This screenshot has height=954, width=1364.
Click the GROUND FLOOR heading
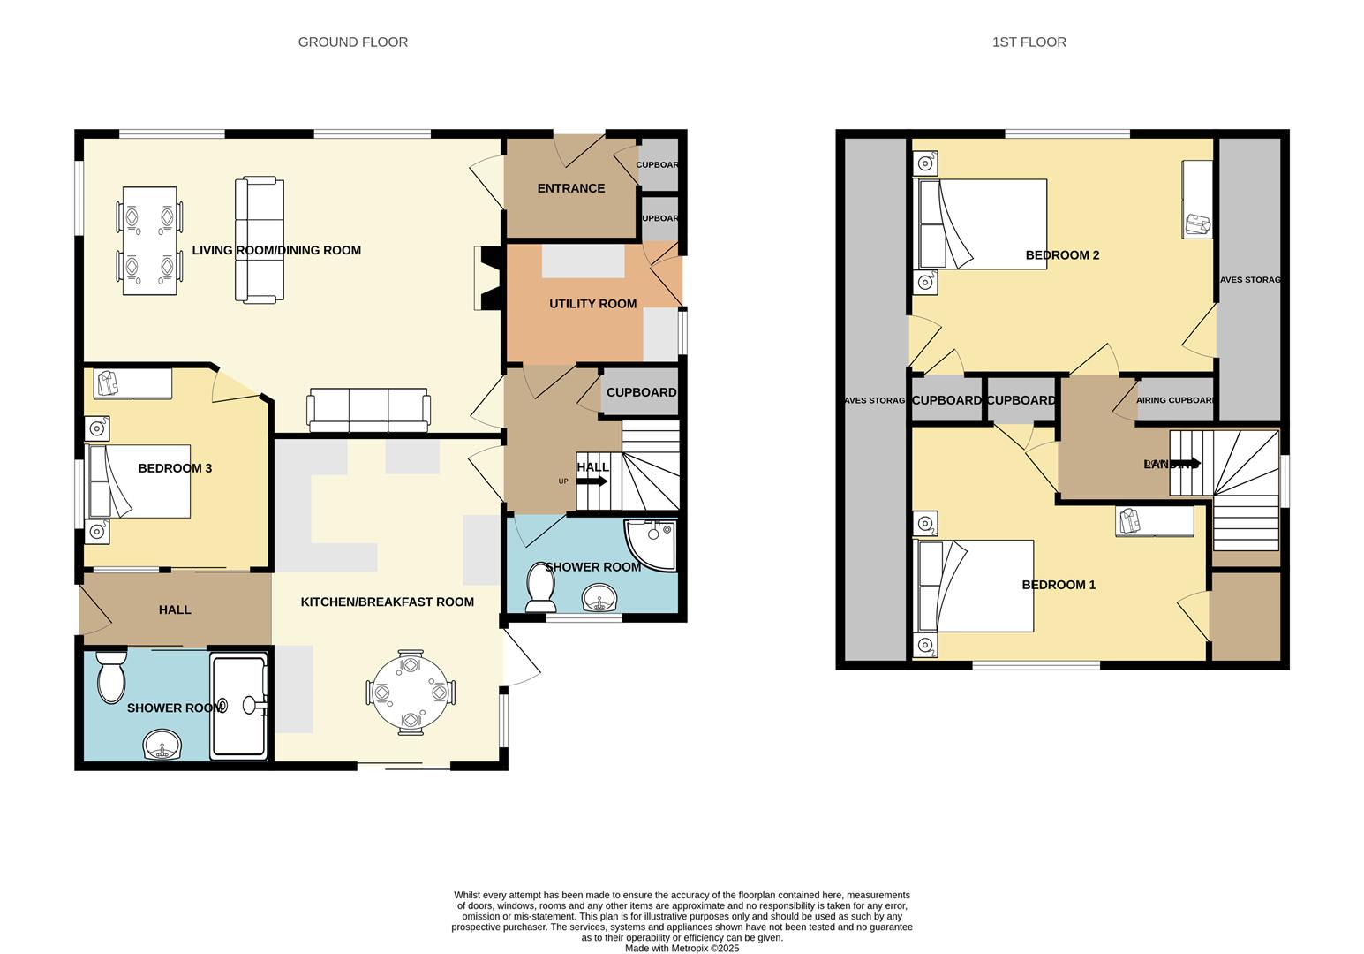tap(352, 42)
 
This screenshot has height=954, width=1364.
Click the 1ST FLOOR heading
tap(1029, 42)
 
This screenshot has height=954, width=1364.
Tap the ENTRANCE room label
tap(570, 188)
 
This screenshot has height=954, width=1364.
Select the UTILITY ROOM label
tap(592, 304)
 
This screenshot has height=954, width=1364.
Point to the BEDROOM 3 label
tap(175, 468)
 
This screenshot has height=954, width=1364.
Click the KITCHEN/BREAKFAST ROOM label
tap(387, 602)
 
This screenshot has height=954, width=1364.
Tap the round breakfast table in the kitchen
tap(411, 693)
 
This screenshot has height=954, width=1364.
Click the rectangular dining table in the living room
tap(149, 240)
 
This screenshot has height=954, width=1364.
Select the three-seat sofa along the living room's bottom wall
tap(368, 411)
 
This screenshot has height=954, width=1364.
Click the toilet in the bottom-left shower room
tap(111, 678)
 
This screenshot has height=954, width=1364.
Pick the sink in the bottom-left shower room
tap(162, 746)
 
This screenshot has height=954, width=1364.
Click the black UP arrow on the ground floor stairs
tap(592, 481)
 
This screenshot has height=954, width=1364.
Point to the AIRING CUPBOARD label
tap(1175, 400)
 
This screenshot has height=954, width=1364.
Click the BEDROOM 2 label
tap(1062, 255)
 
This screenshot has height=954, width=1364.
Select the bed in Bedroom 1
tap(976, 586)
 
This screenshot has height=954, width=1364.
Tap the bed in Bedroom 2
tap(983, 224)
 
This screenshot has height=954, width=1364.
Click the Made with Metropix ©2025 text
tap(682, 948)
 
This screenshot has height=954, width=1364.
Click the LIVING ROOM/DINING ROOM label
tap(276, 251)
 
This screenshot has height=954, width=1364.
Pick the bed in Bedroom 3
tap(139, 481)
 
